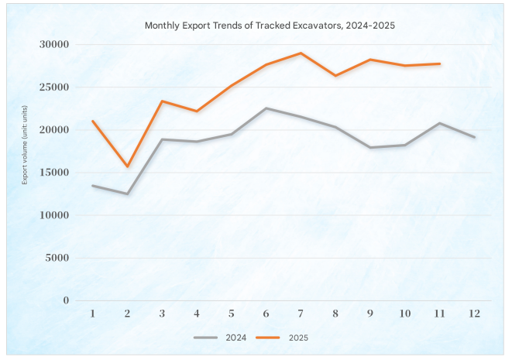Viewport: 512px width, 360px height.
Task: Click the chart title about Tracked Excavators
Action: pos(270,26)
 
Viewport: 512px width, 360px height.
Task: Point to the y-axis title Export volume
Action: pos(25,172)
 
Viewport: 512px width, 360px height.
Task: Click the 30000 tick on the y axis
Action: pos(54,44)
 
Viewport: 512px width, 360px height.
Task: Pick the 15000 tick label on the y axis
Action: pos(54,173)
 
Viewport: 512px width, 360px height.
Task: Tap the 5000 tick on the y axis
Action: pos(57,258)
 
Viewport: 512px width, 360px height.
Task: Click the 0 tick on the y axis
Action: pos(66,300)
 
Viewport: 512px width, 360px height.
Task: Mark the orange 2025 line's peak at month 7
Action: pos(301,53)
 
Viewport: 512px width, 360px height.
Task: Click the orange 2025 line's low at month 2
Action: pos(127,166)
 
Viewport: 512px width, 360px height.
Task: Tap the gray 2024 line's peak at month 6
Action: pos(266,108)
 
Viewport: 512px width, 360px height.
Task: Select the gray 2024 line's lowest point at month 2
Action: pos(127,194)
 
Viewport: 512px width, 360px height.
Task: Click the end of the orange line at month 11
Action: pos(439,63)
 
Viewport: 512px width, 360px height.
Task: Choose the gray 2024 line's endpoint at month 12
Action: pos(474,137)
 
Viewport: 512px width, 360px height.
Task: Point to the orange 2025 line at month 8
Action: pos(335,76)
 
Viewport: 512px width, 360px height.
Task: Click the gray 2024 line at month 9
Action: pos(370,147)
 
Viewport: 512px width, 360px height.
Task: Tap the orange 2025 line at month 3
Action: pos(162,101)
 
